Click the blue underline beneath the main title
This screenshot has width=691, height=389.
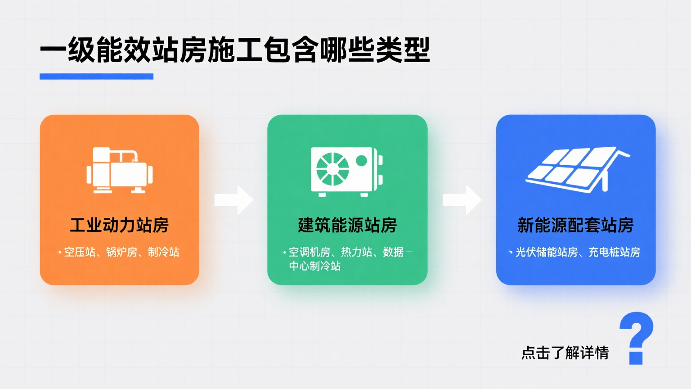tap(96, 77)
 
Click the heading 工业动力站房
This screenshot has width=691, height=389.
tap(119, 225)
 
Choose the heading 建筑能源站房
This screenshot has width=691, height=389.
tap(347, 225)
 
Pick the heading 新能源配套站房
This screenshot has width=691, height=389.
tap(575, 225)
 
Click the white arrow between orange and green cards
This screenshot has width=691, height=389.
tap(233, 200)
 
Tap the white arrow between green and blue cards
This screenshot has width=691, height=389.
tap(462, 200)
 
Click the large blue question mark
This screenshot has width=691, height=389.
tap(636, 337)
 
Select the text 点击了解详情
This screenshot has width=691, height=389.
tap(565, 353)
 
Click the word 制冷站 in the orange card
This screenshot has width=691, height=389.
tap(163, 252)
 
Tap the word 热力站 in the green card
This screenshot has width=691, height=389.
tap(356, 252)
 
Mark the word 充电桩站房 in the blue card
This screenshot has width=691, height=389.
tap(614, 252)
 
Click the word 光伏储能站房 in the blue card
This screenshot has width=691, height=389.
tap(546, 252)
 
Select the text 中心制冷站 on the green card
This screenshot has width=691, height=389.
tap(315, 266)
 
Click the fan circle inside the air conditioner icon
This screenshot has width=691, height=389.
tap(332, 169)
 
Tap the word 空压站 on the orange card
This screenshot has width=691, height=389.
tap(80, 252)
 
